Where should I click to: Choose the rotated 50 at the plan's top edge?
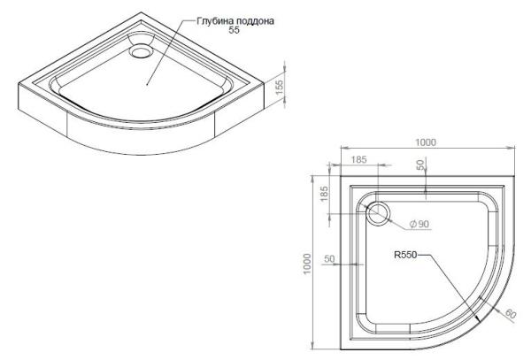click(x=422, y=166)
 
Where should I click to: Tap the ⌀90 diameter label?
click(x=419, y=224)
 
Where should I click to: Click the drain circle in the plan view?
click(x=379, y=211)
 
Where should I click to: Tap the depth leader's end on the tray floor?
click(x=147, y=83)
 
